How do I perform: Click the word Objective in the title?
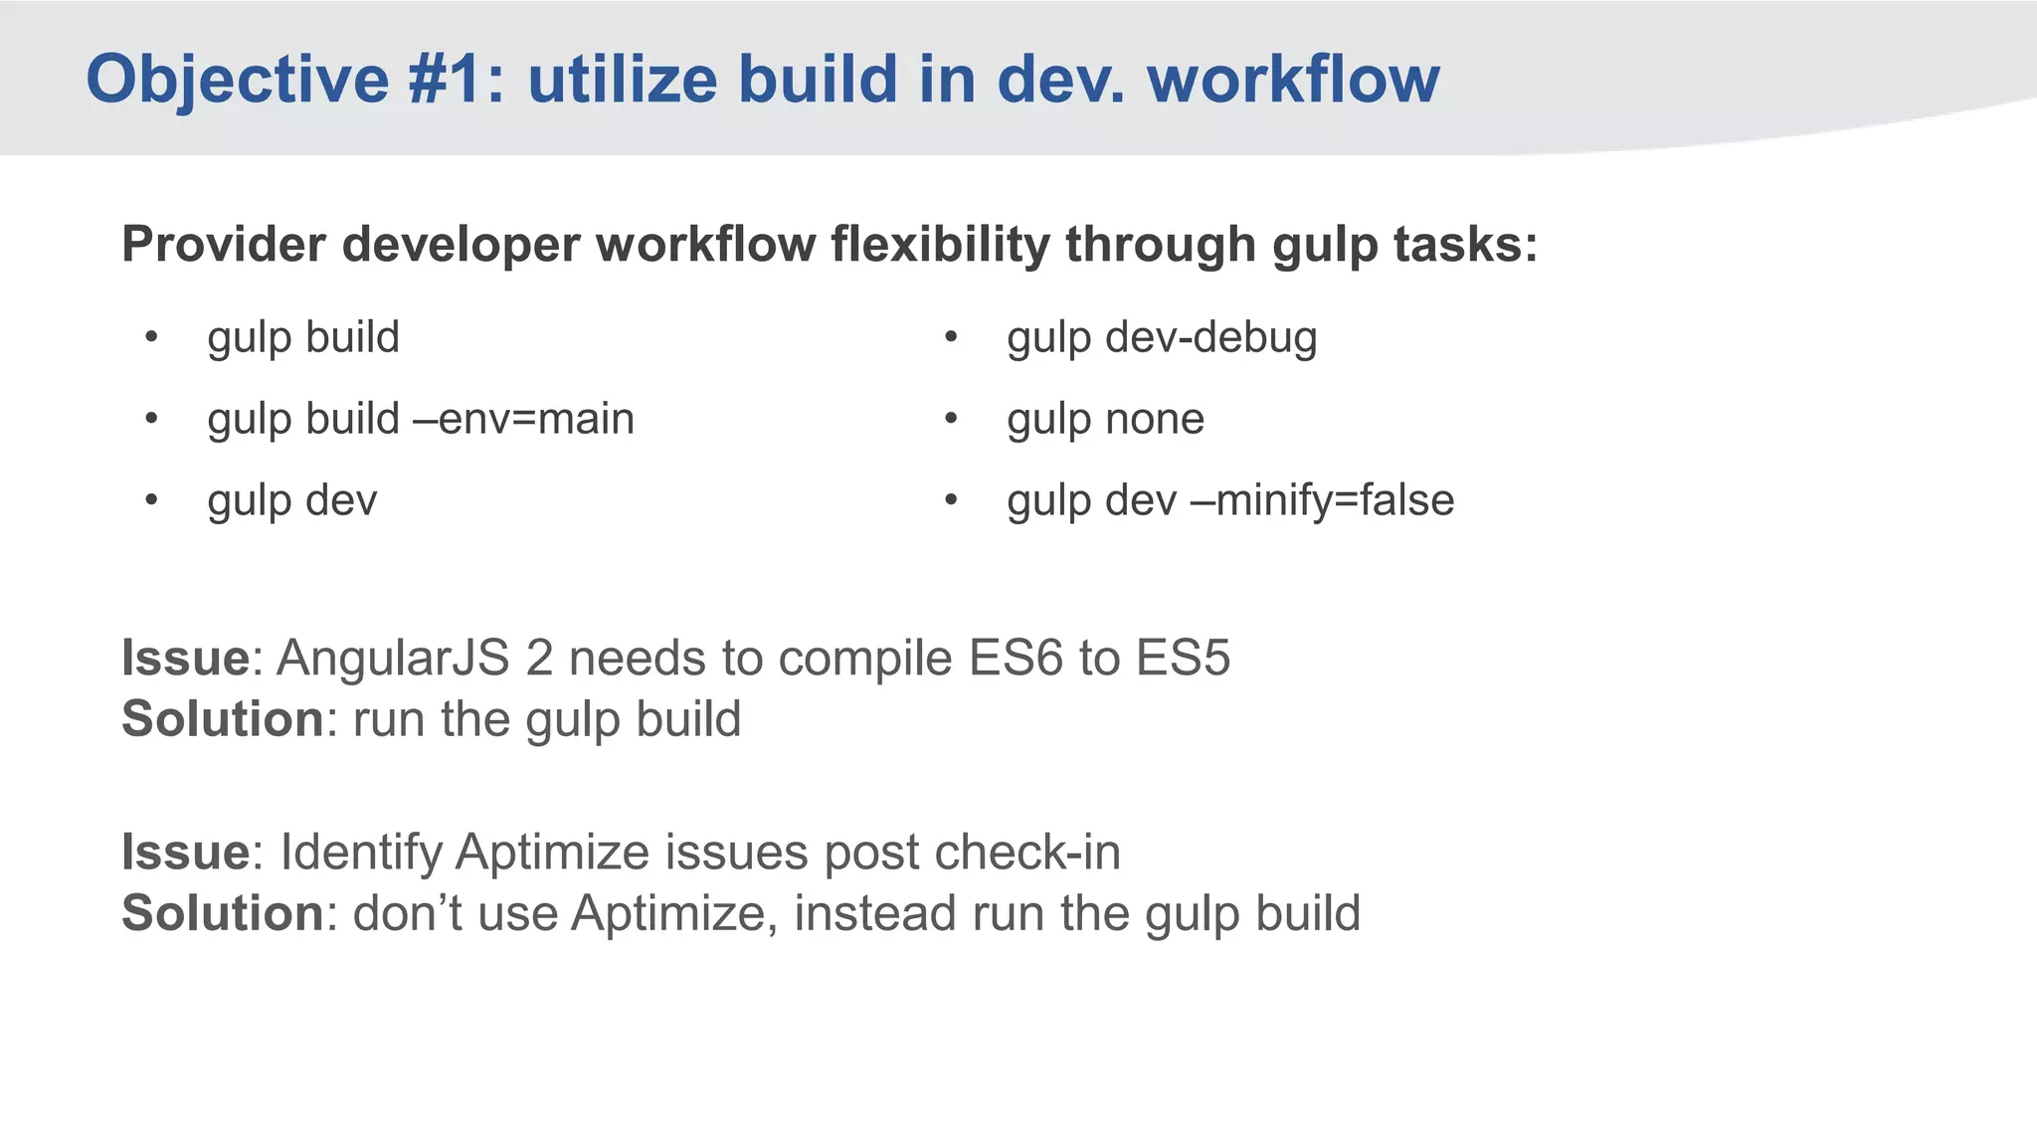pos(237,80)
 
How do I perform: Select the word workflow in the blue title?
pos(1293,80)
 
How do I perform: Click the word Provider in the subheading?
pos(223,245)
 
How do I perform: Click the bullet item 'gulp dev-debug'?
pos(1162,338)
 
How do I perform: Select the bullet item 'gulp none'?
pos(1105,420)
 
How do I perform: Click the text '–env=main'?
pos(524,420)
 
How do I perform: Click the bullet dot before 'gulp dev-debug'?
pos(951,337)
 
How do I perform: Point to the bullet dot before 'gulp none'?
pos(951,419)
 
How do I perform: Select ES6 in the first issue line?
pos(1016,659)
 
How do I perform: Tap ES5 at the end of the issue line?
pos(1183,659)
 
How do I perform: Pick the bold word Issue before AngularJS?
pos(185,659)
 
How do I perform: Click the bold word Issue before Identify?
pos(185,853)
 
